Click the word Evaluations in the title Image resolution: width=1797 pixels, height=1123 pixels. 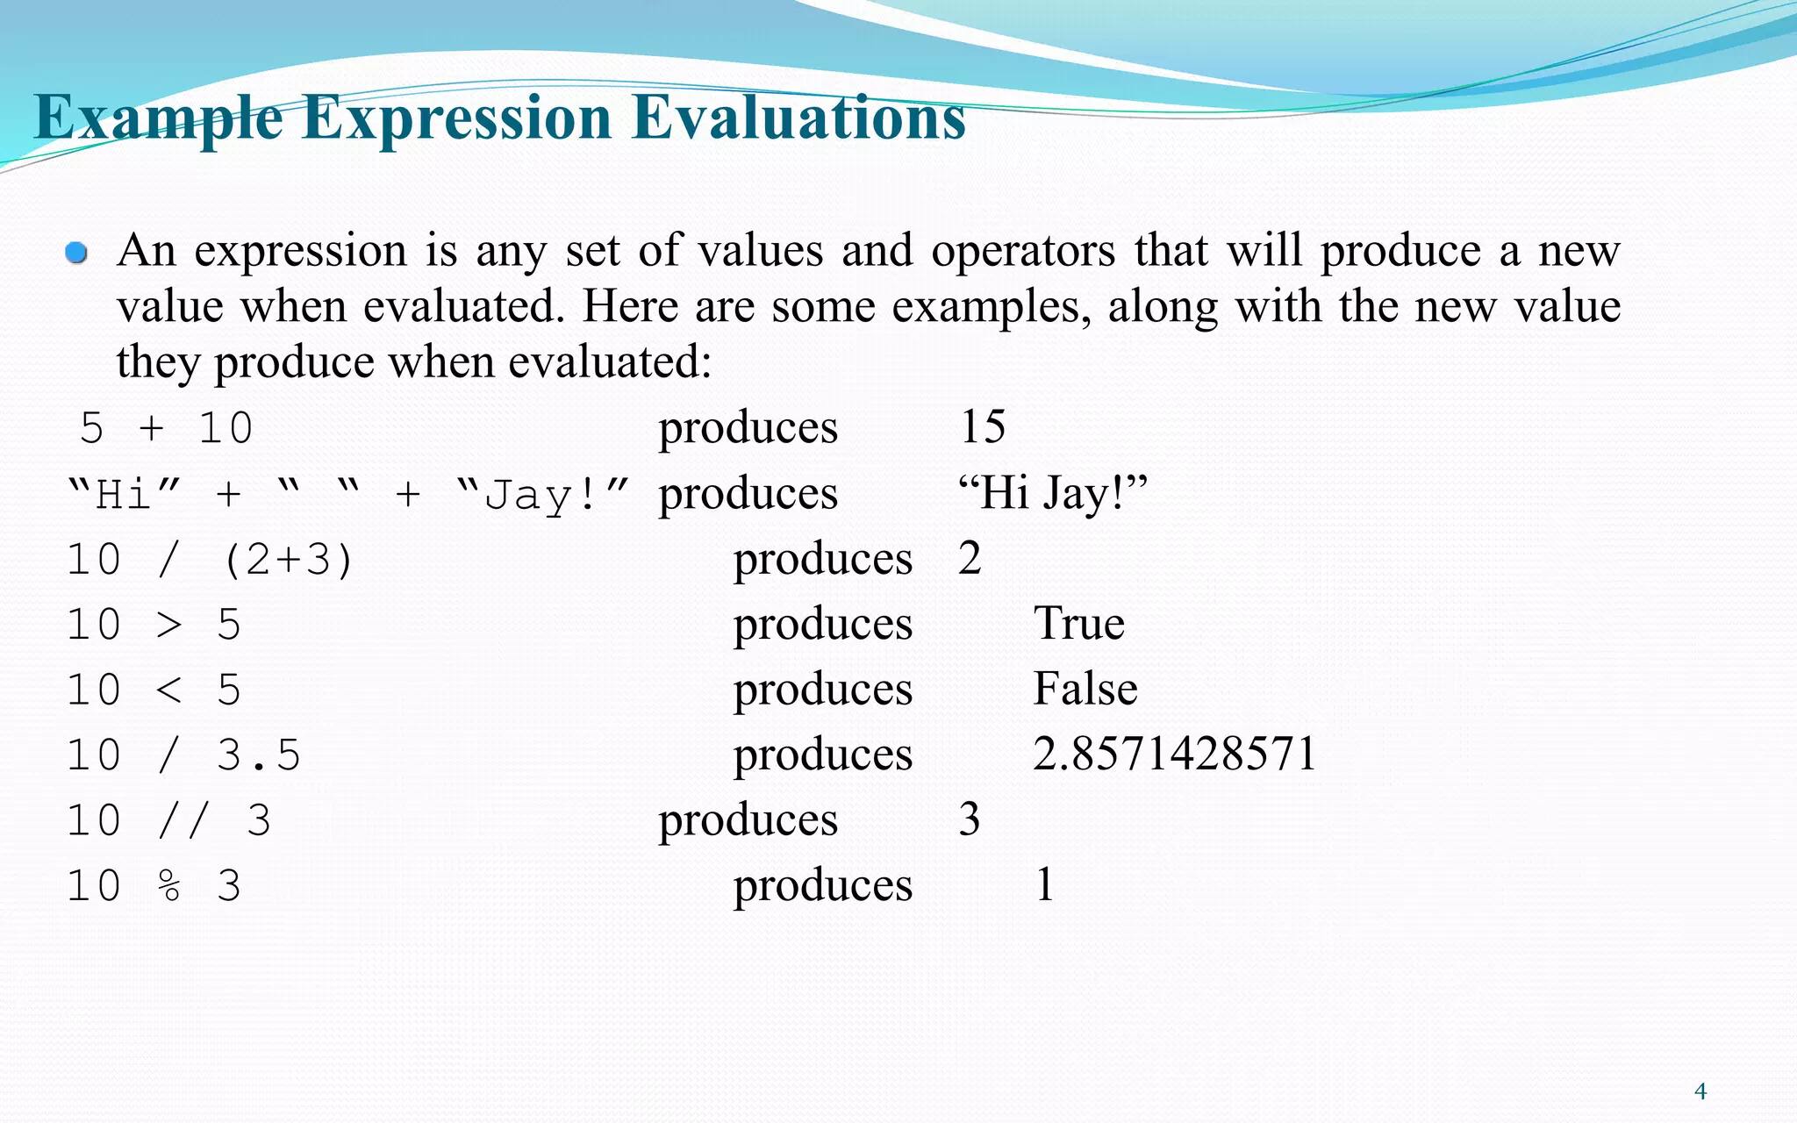point(798,118)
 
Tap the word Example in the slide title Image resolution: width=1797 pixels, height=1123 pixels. point(158,118)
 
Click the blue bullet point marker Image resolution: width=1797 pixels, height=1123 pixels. point(77,254)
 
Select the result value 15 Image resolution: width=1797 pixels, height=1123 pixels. point(982,427)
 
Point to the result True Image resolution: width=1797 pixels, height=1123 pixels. point(1078,624)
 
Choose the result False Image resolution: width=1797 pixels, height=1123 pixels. point(1085,689)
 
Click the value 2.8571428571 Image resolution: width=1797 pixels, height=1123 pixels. point(1174,755)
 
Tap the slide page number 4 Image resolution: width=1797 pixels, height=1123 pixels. point(1700,1091)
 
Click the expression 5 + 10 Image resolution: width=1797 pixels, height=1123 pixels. point(167,429)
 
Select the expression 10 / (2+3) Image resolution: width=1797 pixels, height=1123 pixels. point(210,560)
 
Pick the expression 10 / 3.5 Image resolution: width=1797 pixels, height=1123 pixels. point(183,755)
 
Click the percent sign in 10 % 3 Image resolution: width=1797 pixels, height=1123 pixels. point(169,886)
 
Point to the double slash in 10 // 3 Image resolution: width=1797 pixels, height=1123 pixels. point(184,821)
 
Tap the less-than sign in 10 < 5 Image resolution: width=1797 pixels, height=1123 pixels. point(168,690)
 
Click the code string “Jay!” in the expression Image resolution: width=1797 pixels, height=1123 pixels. point(543,495)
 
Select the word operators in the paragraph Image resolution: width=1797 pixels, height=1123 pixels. point(1023,251)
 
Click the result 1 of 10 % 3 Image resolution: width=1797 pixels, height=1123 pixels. point(1044,884)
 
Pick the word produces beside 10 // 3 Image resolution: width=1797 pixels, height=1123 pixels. point(748,820)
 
